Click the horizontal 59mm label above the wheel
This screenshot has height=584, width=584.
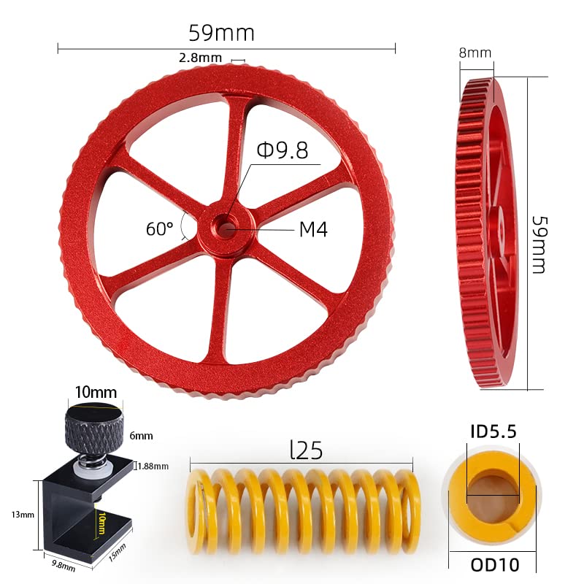click(221, 34)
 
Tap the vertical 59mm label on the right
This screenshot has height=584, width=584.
click(539, 245)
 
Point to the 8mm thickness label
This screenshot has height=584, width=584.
click(475, 53)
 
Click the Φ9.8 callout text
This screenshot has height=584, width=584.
click(282, 150)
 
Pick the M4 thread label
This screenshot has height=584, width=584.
click(313, 229)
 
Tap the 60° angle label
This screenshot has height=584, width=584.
click(159, 228)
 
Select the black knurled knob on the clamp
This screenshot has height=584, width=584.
click(91, 424)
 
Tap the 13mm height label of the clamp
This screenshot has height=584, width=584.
click(23, 515)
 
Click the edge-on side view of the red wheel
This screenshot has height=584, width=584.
click(487, 234)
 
